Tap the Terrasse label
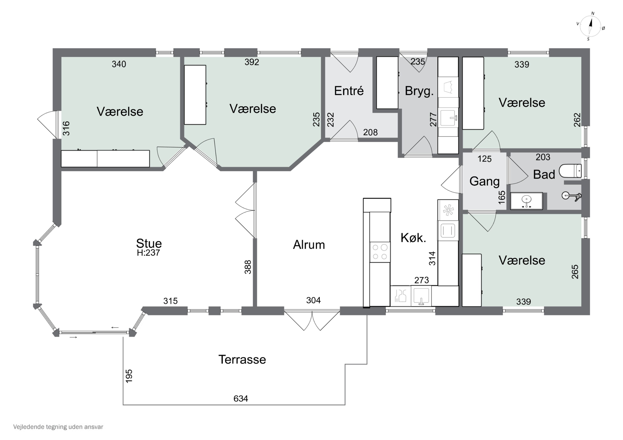pos(242,360)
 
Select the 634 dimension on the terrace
pos(241,399)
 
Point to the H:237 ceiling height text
pos(148,253)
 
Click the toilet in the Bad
pos(573,171)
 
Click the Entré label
pos(349,91)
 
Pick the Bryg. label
pos(419,91)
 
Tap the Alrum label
pos(309,245)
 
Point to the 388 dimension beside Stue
pos(248,267)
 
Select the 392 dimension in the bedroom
pos(252,62)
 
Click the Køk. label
pos(413,238)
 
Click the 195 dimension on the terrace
pos(129,376)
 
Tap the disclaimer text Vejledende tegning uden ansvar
pos(58,427)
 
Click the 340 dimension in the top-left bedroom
pos(119,64)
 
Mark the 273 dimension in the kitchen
pos(421,280)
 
